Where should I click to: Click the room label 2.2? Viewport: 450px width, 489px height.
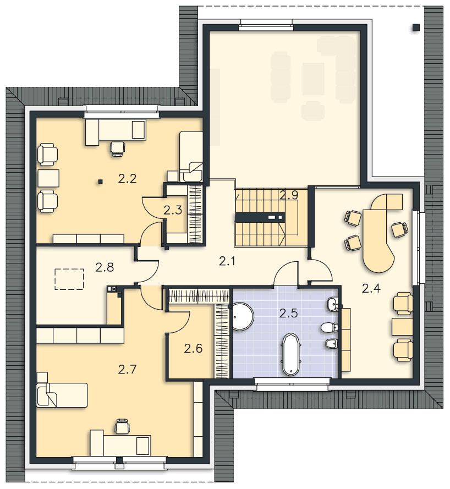[127, 179]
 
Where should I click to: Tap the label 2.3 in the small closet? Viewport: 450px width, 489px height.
[172, 210]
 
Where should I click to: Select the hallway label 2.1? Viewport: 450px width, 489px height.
[227, 261]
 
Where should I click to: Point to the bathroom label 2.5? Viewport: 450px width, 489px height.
[288, 313]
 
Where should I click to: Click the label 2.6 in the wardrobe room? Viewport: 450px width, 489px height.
[193, 348]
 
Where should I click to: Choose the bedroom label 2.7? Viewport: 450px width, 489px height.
[127, 370]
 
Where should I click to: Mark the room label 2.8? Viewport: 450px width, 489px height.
[105, 267]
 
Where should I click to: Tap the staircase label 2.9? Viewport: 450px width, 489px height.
[289, 195]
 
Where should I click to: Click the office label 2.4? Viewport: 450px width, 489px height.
[371, 288]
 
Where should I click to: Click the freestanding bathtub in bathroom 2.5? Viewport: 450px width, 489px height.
[290, 354]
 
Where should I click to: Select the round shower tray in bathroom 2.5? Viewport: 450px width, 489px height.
[243, 316]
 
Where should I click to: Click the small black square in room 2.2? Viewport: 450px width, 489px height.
[100, 181]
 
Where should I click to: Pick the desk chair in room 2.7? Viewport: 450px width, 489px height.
[122, 426]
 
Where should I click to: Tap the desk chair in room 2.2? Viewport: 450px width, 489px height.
[118, 148]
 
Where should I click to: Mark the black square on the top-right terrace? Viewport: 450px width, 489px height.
[416, 28]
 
